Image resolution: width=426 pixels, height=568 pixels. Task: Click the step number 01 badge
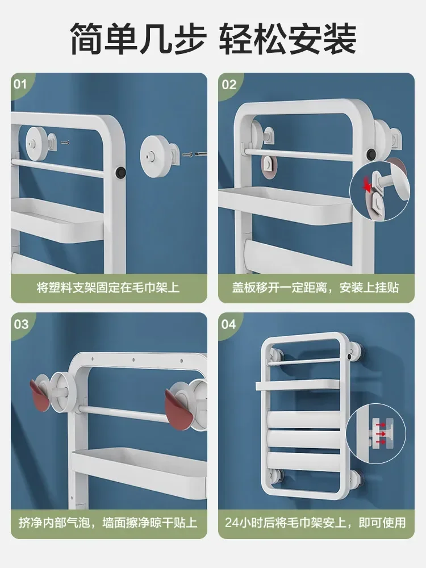[20, 84]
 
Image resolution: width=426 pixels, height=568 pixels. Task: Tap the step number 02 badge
[229, 84]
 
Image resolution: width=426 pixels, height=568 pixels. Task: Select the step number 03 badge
[21, 324]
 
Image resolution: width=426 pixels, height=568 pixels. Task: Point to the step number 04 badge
[229, 324]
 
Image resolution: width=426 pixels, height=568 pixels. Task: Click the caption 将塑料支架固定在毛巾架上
[108, 287]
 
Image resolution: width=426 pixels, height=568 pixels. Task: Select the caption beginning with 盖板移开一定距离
[316, 287]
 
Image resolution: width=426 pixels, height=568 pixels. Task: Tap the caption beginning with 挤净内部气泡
[108, 522]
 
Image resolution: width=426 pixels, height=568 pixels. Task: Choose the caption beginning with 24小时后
[316, 522]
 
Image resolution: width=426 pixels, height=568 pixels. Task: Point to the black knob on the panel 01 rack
[120, 172]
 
